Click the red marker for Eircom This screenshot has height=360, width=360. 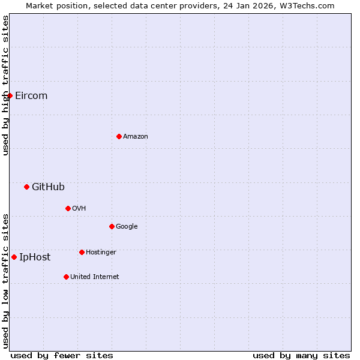click(x=10, y=95)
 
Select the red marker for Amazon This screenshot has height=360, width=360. click(x=119, y=136)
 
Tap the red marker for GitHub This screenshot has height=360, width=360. click(x=26, y=187)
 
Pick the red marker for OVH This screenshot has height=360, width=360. click(x=68, y=208)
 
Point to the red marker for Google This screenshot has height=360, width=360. click(x=112, y=226)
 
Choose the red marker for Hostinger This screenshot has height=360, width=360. click(x=82, y=252)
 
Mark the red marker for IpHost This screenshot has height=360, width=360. click(x=14, y=257)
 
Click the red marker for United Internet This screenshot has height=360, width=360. click(x=66, y=277)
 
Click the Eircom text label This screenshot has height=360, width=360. click(x=31, y=96)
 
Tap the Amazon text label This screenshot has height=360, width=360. click(x=136, y=137)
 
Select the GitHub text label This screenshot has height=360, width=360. click(x=48, y=187)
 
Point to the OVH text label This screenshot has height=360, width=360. click(x=79, y=209)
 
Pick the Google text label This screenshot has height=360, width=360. click(x=127, y=227)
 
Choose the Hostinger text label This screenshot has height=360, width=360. click(x=101, y=253)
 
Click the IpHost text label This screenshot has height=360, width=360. click(x=35, y=257)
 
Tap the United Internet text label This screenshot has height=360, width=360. click(x=95, y=277)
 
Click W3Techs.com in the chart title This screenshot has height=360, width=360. click(x=310, y=5)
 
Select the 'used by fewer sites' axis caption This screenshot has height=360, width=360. click(x=62, y=355)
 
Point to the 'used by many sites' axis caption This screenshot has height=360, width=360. click(x=301, y=355)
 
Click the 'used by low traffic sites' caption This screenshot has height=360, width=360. click(x=5, y=281)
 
